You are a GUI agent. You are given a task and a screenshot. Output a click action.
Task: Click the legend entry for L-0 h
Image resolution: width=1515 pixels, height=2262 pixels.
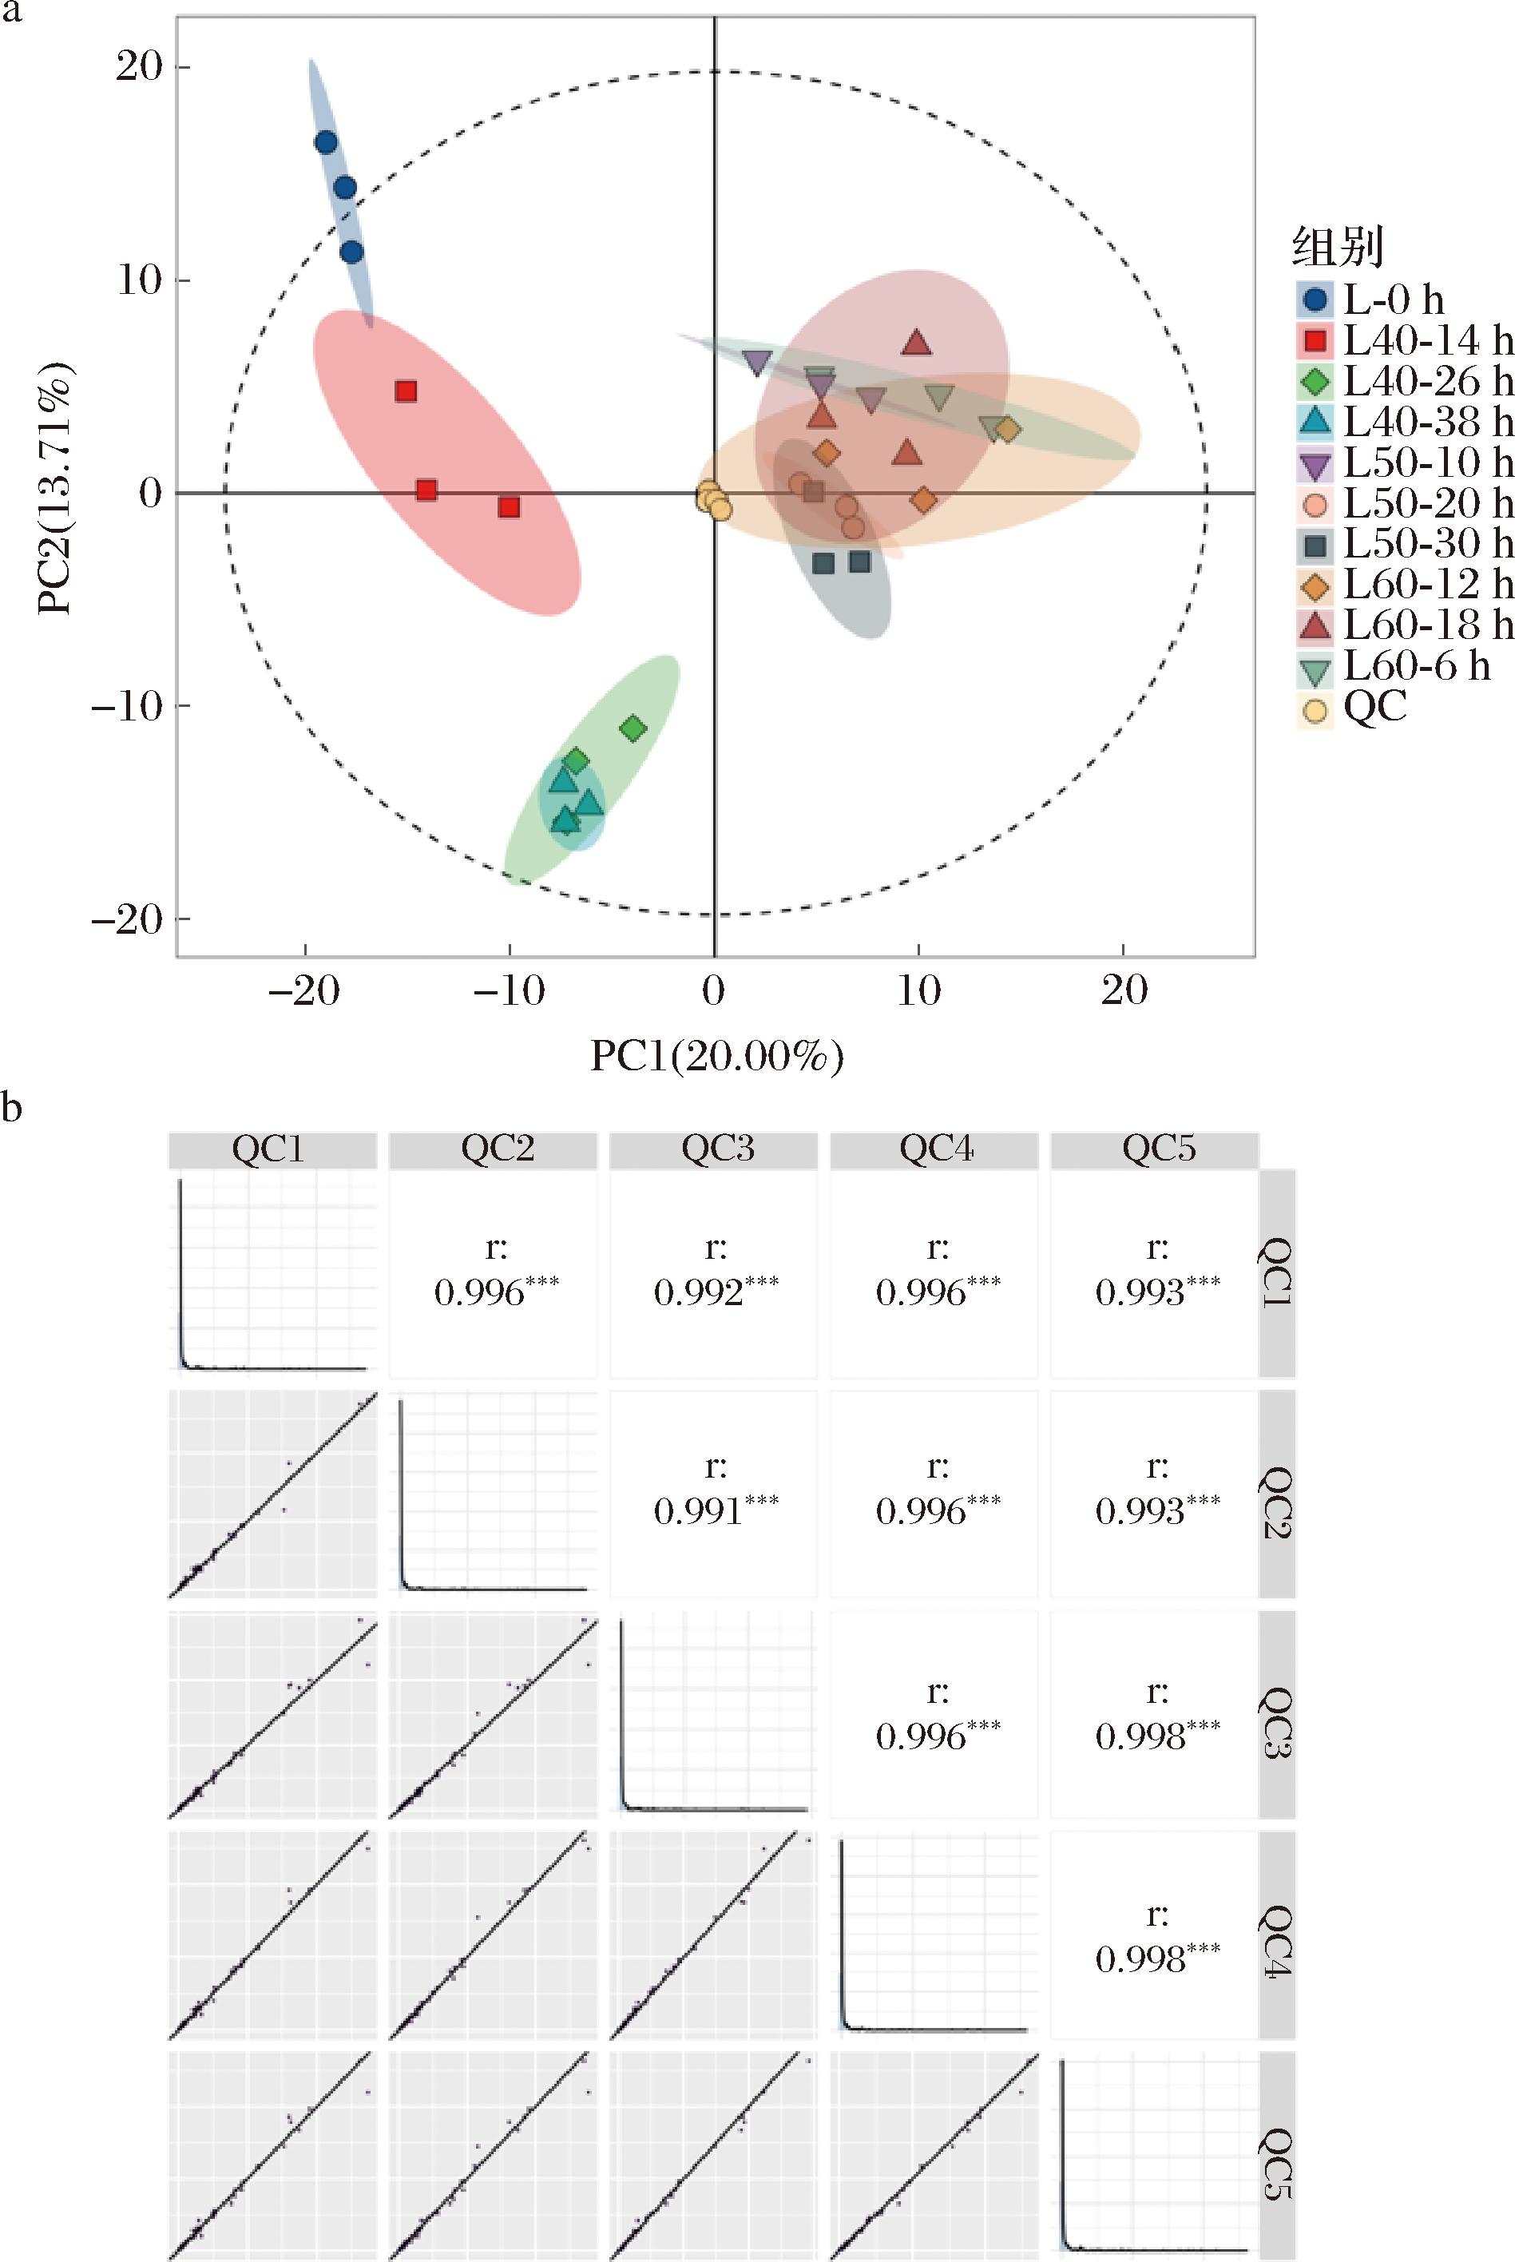[x=1391, y=300]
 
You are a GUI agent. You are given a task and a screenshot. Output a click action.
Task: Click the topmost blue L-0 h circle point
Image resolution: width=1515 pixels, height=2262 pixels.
[x=326, y=143]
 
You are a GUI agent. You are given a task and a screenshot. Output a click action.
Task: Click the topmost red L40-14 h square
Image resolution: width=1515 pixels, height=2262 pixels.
[x=406, y=391]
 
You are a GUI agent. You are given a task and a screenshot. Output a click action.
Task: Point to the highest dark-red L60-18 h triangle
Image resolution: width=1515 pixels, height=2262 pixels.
[x=917, y=343]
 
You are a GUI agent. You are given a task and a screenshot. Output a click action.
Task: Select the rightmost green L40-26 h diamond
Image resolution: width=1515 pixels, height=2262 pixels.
[x=633, y=728]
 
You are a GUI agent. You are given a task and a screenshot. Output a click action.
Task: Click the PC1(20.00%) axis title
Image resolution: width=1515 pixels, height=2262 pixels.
[x=716, y=1056]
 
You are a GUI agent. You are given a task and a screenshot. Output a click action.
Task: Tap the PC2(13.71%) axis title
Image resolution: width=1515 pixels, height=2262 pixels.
[x=55, y=488]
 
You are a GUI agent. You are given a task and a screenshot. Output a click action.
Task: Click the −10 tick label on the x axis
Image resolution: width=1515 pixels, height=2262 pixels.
[x=508, y=990]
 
